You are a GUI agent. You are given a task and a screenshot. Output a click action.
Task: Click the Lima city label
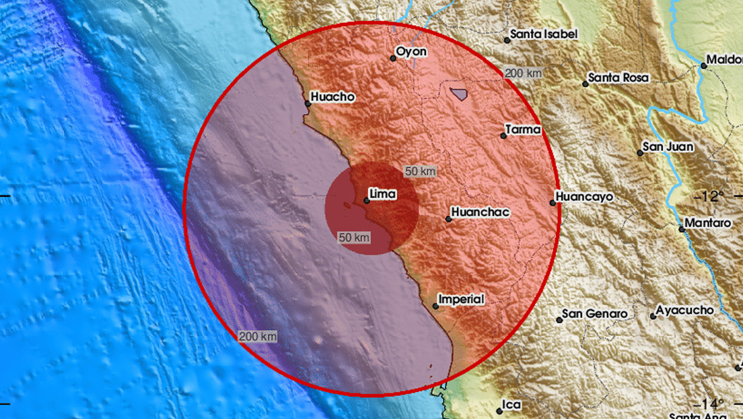click(383, 195)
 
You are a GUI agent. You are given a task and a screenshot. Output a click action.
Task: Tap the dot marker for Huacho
click(308, 104)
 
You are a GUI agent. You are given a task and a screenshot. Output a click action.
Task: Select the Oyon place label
click(411, 51)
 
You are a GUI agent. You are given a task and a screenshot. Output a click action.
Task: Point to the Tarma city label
click(523, 129)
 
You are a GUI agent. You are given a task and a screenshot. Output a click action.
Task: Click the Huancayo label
click(585, 197)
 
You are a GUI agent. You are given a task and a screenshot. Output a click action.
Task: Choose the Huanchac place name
click(480, 212)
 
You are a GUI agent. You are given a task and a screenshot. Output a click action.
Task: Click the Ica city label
click(512, 405)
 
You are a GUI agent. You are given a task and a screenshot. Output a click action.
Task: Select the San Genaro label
click(595, 313)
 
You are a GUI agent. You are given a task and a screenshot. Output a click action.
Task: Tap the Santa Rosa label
click(618, 77)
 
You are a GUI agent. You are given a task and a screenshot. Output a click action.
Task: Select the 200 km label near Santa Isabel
click(523, 73)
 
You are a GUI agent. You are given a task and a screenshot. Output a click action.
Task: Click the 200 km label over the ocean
click(256, 337)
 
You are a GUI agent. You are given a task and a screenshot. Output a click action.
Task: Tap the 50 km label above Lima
click(420, 172)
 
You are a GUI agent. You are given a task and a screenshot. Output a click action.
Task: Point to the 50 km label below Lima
click(354, 237)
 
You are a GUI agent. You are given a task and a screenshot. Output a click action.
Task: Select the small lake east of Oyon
click(460, 94)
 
